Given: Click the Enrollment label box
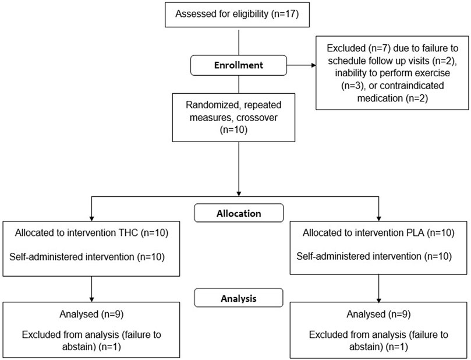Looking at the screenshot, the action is click(x=239, y=65).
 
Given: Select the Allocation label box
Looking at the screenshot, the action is click(x=239, y=213).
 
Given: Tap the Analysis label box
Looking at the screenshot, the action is click(x=239, y=298).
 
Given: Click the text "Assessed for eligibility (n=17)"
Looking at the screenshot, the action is click(x=237, y=14).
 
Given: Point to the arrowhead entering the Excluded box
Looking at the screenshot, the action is click(x=314, y=65).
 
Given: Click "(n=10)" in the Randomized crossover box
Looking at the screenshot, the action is click(x=233, y=129).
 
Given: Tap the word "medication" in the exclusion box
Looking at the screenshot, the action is click(x=380, y=98).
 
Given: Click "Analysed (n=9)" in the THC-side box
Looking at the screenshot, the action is click(x=91, y=314).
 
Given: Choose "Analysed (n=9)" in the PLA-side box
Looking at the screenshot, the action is click(x=378, y=314).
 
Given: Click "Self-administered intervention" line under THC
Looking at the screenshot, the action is click(x=72, y=257).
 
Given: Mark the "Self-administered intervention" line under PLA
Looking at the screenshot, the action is click(x=359, y=256).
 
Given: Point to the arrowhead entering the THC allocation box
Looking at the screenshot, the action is click(x=91, y=219).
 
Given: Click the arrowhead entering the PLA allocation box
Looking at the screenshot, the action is click(x=379, y=219).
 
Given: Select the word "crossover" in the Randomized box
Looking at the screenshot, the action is click(x=257, y=117).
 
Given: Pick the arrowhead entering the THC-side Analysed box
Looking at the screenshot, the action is click(x=91, y=299).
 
